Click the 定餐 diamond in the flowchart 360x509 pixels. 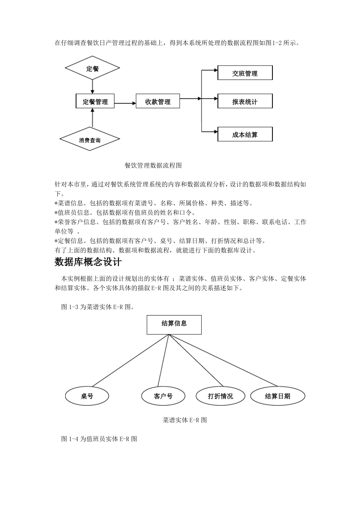point(92,68)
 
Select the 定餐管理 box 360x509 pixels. point(95,101)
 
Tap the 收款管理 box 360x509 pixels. point(158,101)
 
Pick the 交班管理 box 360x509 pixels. point(245,73)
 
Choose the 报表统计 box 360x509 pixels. point(245,101)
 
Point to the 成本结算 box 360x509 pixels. point(245,134)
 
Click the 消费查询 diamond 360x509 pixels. point(90,140)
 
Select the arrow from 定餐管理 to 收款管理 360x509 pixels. point(125,103)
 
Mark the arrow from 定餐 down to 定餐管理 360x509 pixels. point(92,87)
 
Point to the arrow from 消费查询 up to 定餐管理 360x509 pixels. point(92,119)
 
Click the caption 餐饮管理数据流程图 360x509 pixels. point(153,166)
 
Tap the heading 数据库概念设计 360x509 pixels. point(88,262)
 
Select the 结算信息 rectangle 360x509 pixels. point(174,325)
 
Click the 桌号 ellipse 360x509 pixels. point(87,396)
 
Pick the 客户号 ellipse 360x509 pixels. point(163,396)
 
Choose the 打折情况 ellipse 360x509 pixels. point(220,396)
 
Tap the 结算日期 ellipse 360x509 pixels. point(277,396)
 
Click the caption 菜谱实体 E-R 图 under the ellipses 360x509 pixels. point(185,420)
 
